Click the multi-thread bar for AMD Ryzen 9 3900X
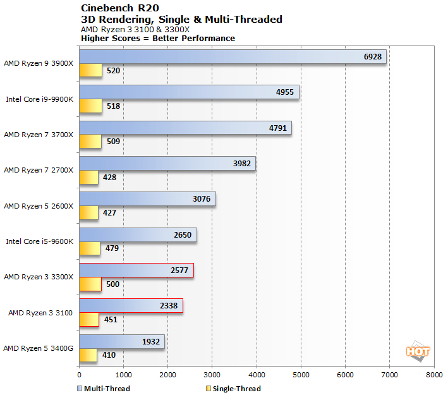click(x=232, y=57)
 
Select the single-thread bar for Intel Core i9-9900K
click(x=90, y=106)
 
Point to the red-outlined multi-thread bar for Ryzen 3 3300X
click(x=136, y=270)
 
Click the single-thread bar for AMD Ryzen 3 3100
click(x=88, y=319)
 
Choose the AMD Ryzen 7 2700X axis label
click(x=39, y=169)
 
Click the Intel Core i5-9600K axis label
click(x=40, y=241)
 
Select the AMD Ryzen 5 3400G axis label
click(x=39, y=348)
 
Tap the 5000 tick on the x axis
click(x=301, y=374)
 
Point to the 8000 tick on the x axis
click(x=434, y=374)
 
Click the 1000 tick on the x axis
click(x=123, y=374)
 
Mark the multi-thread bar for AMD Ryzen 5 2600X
click(x=147, y=199)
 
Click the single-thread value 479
click(x=111, y=248)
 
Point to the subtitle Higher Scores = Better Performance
click(x=158, y=39)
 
